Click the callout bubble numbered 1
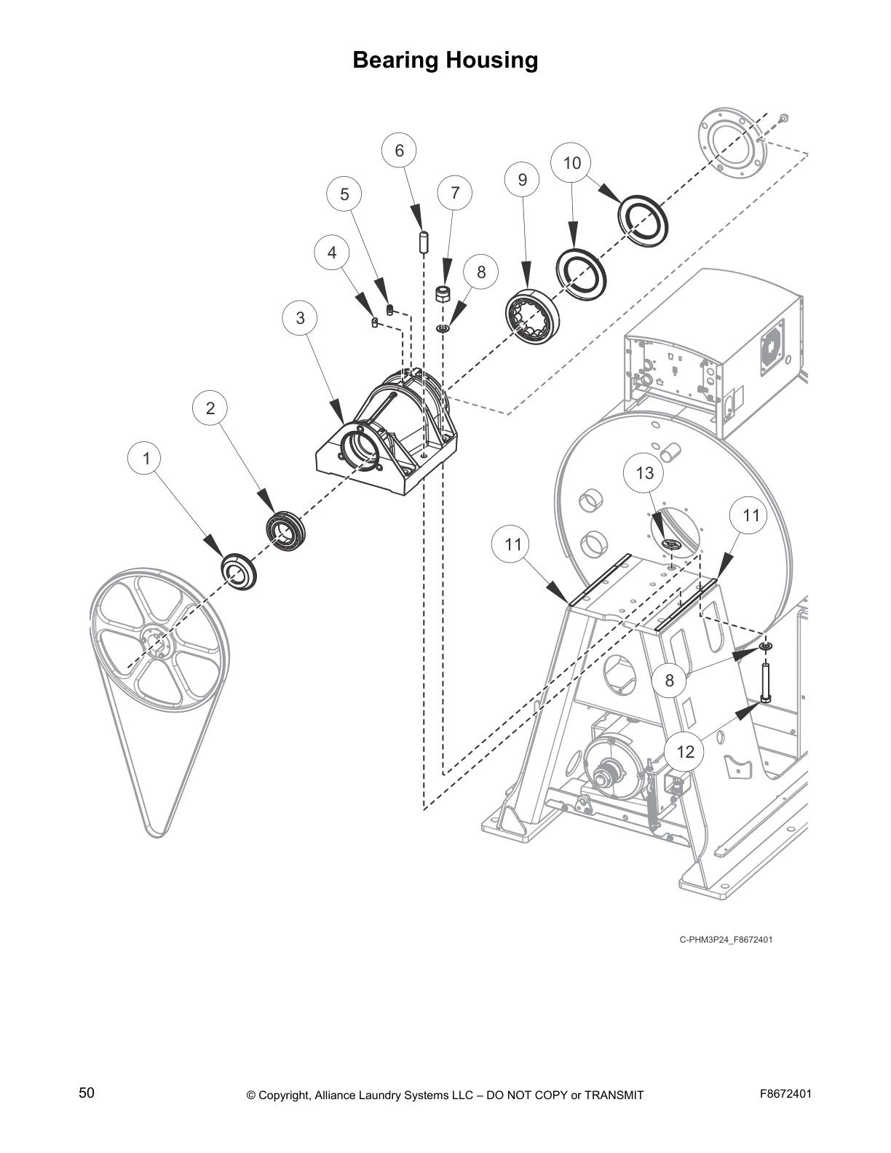pos(147,459)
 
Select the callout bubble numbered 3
pos(301,318)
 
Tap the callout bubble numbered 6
pos(399,151)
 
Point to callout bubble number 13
pos(645,473)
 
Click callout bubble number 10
pos(572,162)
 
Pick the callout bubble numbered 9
pos(522,179)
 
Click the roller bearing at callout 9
pos(534,316)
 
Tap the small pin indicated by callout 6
pos(423,242)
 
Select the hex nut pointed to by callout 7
pos(441,295)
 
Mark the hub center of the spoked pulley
pos(156,643)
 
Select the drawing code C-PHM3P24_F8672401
pos(726,940)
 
